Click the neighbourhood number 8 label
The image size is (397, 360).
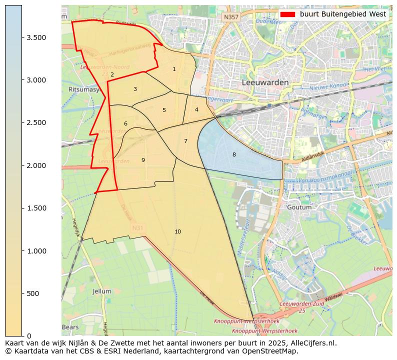pyautogui.click(x=234, y=154)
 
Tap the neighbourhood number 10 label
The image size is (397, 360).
pyautogui.click(x=177, y=231)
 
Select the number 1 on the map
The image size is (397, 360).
pyautogui.click(x=174, y=69)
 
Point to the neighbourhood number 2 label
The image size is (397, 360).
pyautogui.click(x=112, y=74)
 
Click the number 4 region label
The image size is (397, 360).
pyautogui.click(x=196, y=109)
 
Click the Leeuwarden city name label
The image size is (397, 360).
pyautogui.click(x=265, y=82)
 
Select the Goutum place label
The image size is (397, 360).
pyautogui.click(x=299, y=207)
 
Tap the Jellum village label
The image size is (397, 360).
pyautogui.click(x=102, y=291)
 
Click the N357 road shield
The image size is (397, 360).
pyautogui.click(x=230, y=16)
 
